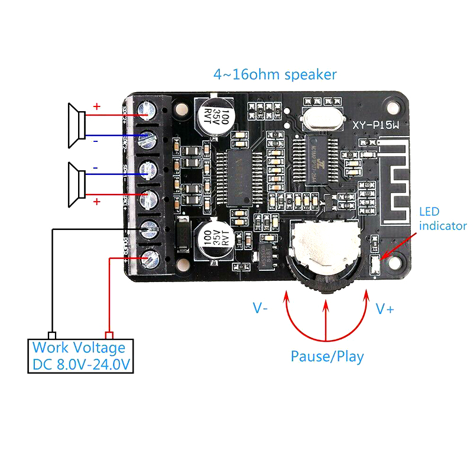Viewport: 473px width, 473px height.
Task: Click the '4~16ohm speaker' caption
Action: click(x=275, y=74)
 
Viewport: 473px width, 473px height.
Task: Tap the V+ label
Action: click(x=385, y=309)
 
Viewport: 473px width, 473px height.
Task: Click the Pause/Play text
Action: click(x=327, y=357)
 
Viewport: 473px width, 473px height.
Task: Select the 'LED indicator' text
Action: click(x=443, y=219)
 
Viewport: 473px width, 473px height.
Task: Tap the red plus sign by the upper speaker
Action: click(x=96, y=108)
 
